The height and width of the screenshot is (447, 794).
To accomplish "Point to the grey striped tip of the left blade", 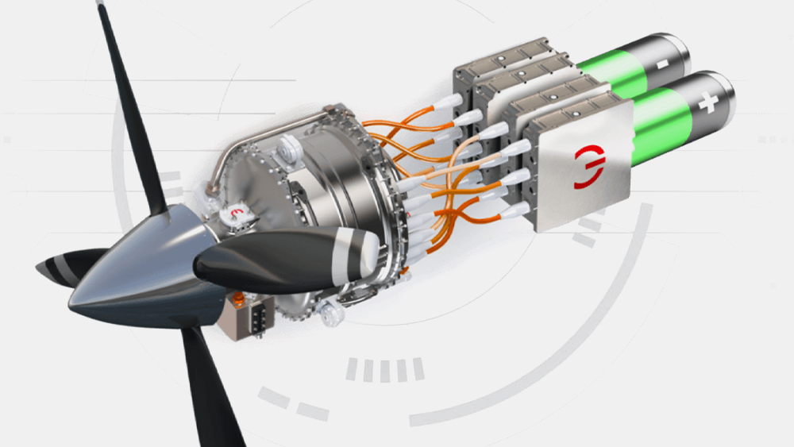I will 52,269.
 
